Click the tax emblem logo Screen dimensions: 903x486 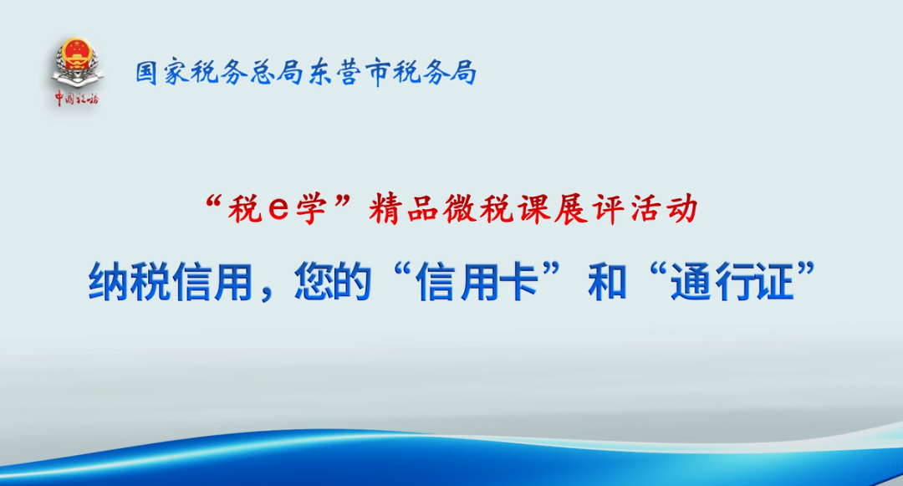(x=77, y=62)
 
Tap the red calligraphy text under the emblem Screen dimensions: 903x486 (x=77, y=99)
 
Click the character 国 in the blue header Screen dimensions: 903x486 (x=147, y=73)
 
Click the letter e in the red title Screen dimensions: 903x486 (x=278, y=208)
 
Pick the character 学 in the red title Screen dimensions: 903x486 (x=312, y=208)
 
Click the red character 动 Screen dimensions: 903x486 (x=682, y=208)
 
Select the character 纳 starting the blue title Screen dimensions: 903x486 (x=109, y=282)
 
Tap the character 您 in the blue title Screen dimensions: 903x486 (x=314, y=282)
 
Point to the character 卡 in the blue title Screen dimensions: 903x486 (x=519, y=282)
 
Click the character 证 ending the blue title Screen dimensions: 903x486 (x=773, y=282)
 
